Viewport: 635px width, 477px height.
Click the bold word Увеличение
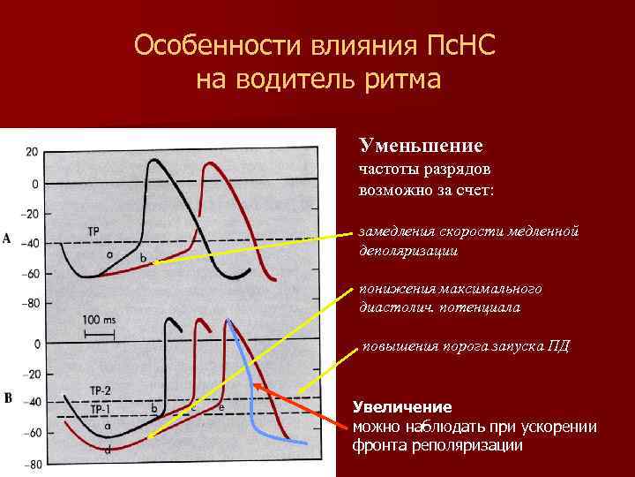(402, 407)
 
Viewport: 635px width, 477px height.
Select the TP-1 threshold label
(101, 409)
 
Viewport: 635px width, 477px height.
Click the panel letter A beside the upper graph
(7, 239)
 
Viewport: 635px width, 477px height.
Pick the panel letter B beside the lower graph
(7, 398)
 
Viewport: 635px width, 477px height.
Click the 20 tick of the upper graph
(31, 152)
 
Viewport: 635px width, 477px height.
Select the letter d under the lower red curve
(107, 450)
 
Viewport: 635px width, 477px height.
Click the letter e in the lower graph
(220, 407)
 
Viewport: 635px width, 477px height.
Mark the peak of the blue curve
(228, 322)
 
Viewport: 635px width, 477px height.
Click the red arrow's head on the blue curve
(254, 385)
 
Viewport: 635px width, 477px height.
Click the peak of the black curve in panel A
(155, 161)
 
